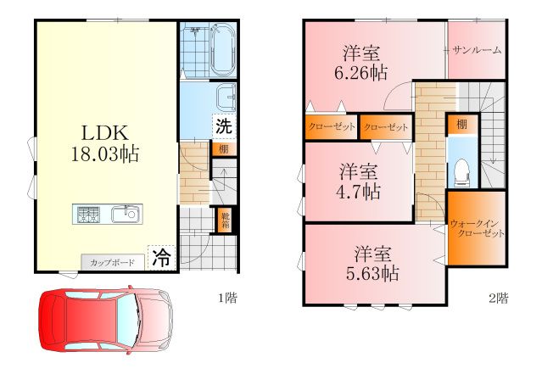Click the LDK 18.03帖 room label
[105, 143]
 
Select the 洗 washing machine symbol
[224, 126]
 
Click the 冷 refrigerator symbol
[161, 258]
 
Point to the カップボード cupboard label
[112, 262]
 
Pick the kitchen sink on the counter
[126, 214]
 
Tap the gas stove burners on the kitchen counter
[88, 215]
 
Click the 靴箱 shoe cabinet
[226, 220]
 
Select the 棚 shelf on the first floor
[224, 149]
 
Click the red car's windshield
[127, 320]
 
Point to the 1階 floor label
[228, 298]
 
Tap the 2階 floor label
[498, 298]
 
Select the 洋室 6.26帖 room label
[361, 63]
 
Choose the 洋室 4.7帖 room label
[359, 181]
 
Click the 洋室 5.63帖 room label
[372, 264]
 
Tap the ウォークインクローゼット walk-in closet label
[477, 228]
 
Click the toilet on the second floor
[462, 172]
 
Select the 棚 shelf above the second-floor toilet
[461, 125]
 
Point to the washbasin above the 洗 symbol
[226, 98]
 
